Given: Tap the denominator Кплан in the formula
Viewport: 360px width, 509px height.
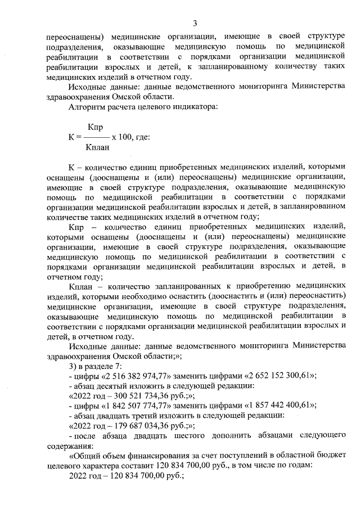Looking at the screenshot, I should pyautogui.click(x=97, y=147).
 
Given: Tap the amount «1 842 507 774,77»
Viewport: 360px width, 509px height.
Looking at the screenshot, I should pyautogui.click(x=132, y=406).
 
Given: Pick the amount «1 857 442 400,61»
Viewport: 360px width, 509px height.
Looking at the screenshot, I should pyautogui.click(x=272, y=406).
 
